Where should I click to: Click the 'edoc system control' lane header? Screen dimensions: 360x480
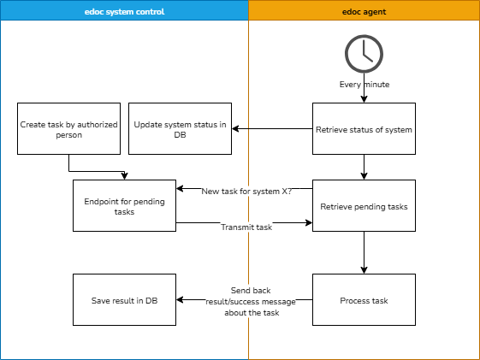[x=124, y=11]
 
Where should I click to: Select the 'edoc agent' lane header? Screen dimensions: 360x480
[x=364, y=11]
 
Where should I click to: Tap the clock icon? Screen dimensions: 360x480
[x=364, y=54]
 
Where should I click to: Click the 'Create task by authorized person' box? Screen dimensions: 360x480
[x=68, y=129]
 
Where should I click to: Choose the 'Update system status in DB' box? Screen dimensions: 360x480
[x=180, y=129]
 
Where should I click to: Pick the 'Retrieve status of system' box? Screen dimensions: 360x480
[x=364, y=129]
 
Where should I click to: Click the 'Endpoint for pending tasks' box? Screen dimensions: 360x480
[x=124, y=206]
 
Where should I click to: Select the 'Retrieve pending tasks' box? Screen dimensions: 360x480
[x=364, y=206]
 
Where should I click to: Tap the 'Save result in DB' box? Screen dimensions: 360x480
[x=124, y=300]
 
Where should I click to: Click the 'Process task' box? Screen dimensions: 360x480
[x=364, y=300]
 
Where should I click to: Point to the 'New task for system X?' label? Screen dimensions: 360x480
[x=246, y=192]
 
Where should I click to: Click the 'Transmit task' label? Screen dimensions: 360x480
[x=246, y=227]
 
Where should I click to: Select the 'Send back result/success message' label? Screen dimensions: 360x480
[x=251, y=301]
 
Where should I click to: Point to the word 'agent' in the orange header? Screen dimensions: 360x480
[x=375, y=11]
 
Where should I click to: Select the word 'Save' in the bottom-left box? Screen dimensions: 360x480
[x=102, y=300]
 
